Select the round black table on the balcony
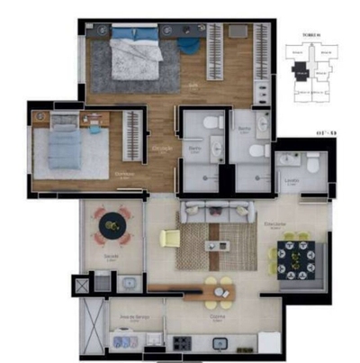(112, 225)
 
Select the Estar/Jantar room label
(274, 222)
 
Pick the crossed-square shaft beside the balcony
(85, 284)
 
